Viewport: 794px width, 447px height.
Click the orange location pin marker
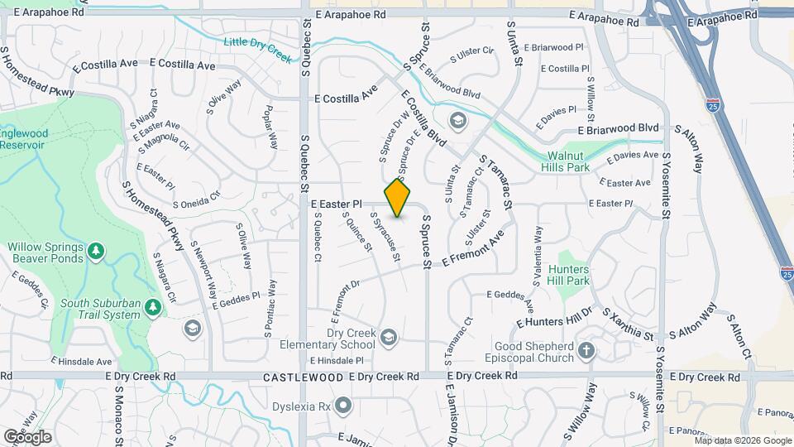[x=398, y=198]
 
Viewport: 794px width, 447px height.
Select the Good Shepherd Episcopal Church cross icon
[x=586, y=351]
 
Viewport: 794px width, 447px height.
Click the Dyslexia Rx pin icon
[x=343, y=406]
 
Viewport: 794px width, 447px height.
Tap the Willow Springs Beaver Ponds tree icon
[x=97, y=250]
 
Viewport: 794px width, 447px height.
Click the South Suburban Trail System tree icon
[x=152, y=308]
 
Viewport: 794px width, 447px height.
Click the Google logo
[x=27, y=436]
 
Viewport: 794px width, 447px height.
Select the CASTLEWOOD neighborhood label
[x=302, y=377]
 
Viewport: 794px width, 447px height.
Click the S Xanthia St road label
[x=628, y=324]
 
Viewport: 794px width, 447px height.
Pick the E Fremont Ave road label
[x=472, y=248]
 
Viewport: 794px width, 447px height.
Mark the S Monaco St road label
[x=119, y=414]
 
